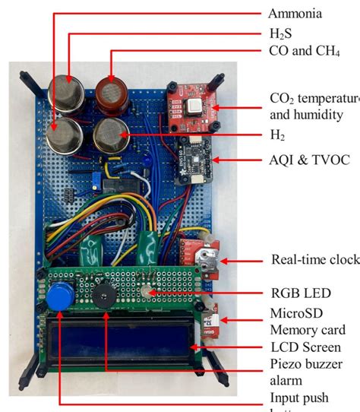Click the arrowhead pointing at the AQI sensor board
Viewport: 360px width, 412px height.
click(218, 160)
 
